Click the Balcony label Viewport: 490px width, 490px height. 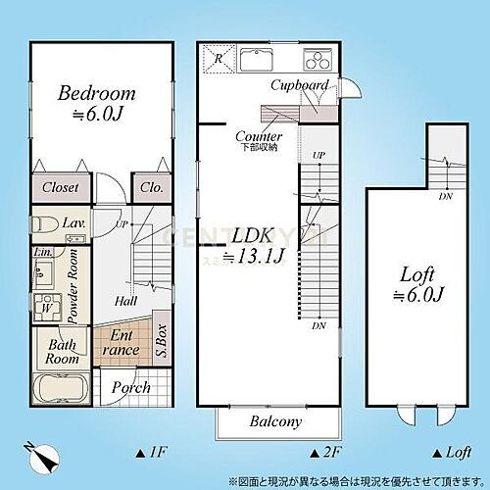coord(274,423)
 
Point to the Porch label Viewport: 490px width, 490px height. coord(130,388)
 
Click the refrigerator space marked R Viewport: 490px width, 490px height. coord(217,58)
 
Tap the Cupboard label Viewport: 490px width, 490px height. coord(299,86)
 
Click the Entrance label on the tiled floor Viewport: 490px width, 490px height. coord(122,342)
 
